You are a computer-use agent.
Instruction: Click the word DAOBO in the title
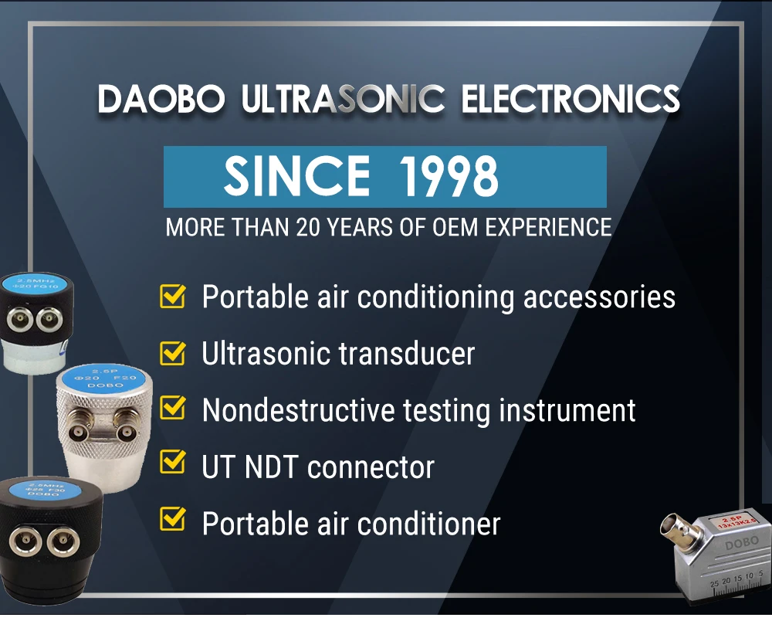click(161, 100)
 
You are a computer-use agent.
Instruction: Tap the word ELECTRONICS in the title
click(571, 100)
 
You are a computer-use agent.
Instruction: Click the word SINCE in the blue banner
click(296, 177)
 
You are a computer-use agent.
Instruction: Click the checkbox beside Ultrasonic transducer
click(172, 353)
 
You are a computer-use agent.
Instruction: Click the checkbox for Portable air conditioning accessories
click(172, 296)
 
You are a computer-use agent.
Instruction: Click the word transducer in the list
click(406, 354)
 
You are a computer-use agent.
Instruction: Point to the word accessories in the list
click(599, 297)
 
